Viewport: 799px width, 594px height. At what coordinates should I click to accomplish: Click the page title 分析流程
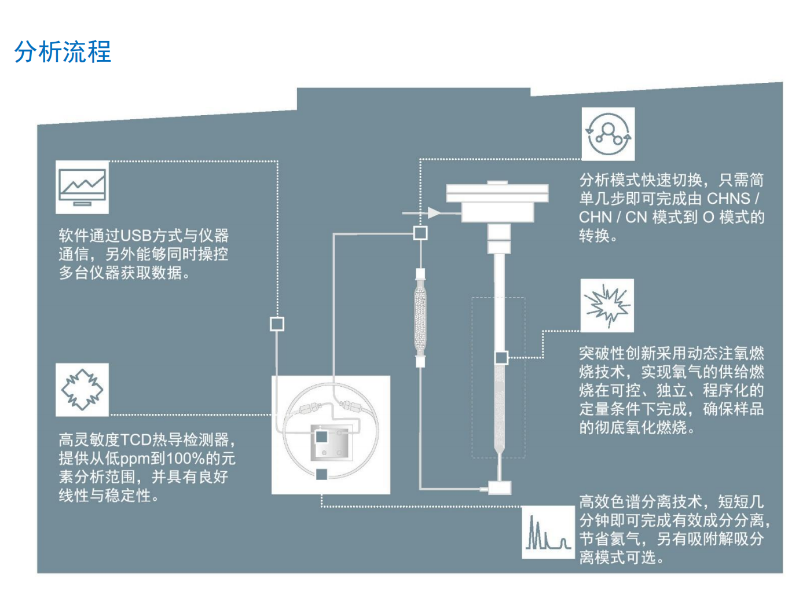point(63,52)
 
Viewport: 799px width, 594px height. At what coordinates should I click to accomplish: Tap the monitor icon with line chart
point(82,187)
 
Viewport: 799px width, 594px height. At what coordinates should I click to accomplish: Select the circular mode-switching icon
point(608,134)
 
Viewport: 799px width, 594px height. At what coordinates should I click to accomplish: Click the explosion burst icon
point(607,305)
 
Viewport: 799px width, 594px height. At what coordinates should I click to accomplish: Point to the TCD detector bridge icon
point(82,390)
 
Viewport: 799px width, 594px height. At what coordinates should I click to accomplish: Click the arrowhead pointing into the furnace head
point(434,213)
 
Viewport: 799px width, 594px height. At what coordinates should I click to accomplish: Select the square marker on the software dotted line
point(277,324)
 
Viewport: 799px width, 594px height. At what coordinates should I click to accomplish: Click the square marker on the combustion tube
point(501,357)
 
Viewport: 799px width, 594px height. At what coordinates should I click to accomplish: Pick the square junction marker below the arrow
point(420,233)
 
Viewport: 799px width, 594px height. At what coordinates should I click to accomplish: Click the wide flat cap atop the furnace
point(497,193)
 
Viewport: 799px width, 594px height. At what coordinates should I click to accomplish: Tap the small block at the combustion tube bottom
point(499,487)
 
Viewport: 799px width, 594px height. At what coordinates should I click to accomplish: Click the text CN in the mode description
point(636,217)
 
